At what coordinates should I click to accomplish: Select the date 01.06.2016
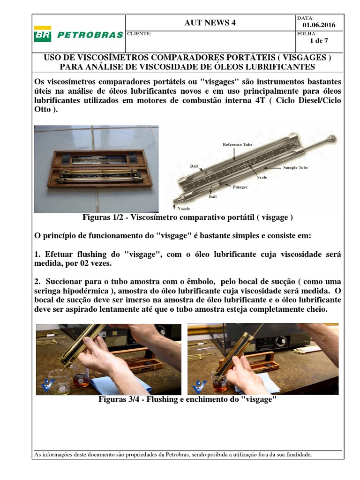point(319,25)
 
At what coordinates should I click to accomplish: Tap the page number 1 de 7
point(319,40)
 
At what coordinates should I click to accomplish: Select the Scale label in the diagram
point(262,178)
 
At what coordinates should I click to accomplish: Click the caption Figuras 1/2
point(187,217)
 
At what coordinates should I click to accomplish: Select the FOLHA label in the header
point(307,34)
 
